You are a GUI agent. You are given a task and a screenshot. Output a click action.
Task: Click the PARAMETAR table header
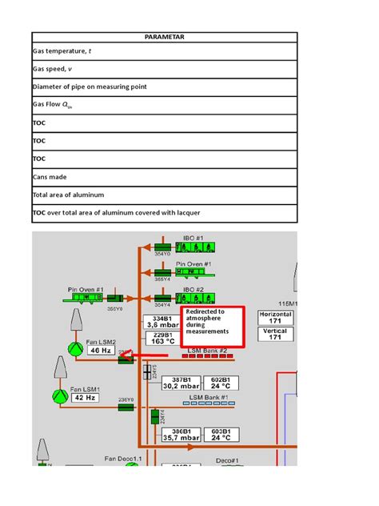pyautogui.click(x=164, y=38)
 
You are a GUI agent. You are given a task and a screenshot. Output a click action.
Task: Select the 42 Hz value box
pyautogui.click(x=87, y=396)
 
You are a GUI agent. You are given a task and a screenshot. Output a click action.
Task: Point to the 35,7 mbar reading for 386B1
pyautogui.click(x=179, y=438)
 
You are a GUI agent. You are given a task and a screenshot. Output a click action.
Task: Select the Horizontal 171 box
pyautogui.click(x=274, y=316)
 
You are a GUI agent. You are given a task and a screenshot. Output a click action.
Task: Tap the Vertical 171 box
pyautogui.click(x=274, y=333)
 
